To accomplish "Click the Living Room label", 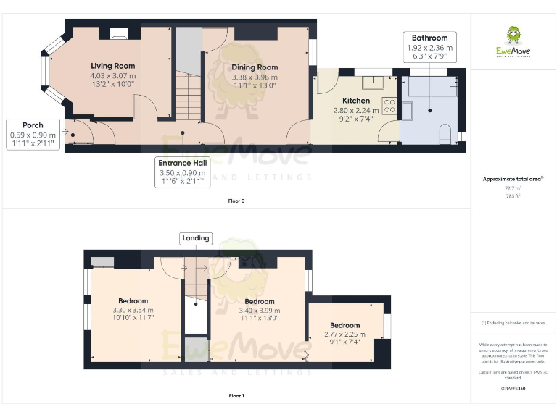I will [x=112, y=66].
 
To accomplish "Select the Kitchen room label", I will [x=356, y=101].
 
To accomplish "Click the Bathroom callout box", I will [x=429, y=46].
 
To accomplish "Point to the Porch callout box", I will [x=33, y=135].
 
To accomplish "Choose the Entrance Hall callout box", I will [x=183, y=172].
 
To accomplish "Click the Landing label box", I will [x=196, y=238].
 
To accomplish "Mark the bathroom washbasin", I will [x=407, y=111].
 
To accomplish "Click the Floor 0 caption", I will [x=236, y=201].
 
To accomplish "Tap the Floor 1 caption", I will [x=236, y=396].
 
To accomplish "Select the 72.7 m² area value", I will [x=513, y=188].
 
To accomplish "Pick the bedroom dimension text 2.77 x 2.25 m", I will [x=344, y=334].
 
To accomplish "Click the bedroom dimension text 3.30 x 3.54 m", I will [x=133, y=311].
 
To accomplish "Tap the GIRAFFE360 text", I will [x=513, y=389].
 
